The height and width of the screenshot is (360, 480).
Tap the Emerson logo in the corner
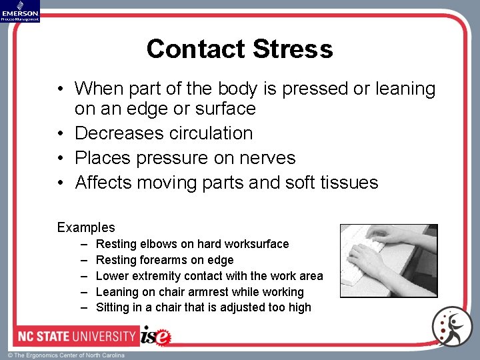[x=20, y=11]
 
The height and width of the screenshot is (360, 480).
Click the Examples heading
[x=86, y=227]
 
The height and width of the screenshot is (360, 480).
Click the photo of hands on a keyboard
[x=389, y=260]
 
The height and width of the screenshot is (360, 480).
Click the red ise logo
[x=156, y=335]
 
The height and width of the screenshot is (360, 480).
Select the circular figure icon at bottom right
[x=451, y=326]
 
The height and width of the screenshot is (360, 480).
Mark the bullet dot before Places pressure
[x=60, y=159]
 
